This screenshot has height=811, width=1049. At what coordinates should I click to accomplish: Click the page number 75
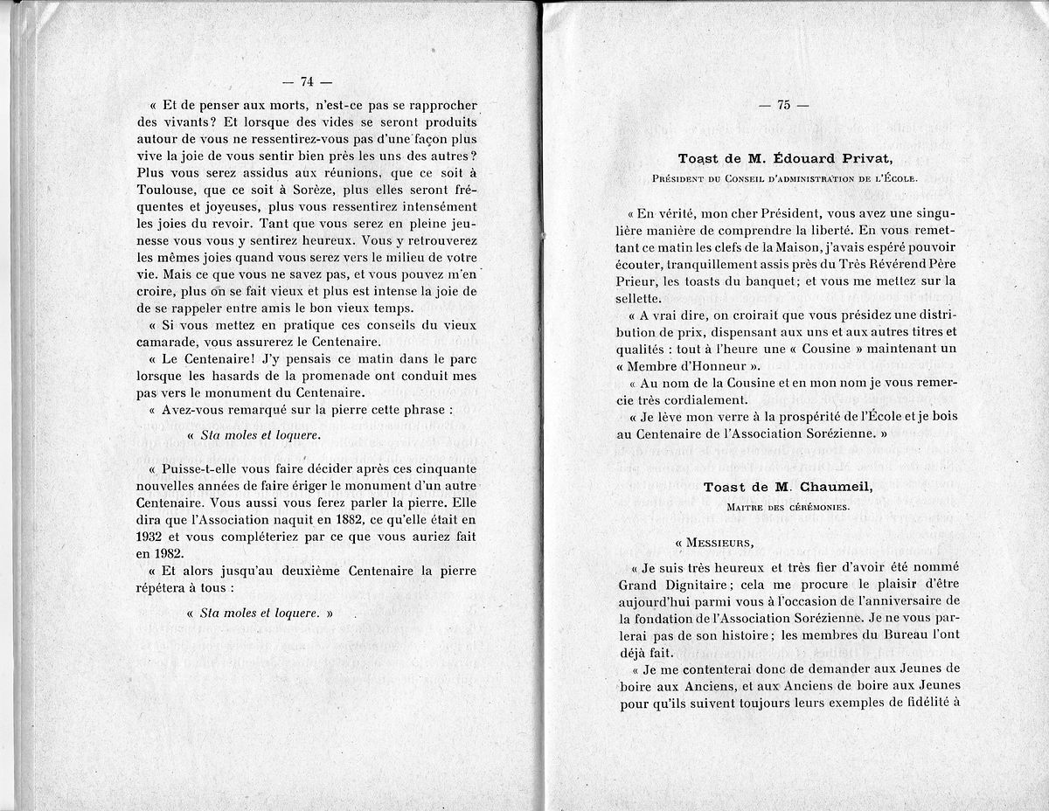click(x=783, y=105)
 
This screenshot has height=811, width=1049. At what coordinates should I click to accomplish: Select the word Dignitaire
click(x=686, y=584)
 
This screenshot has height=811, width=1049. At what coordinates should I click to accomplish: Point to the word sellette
click(x=643, y=297)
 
